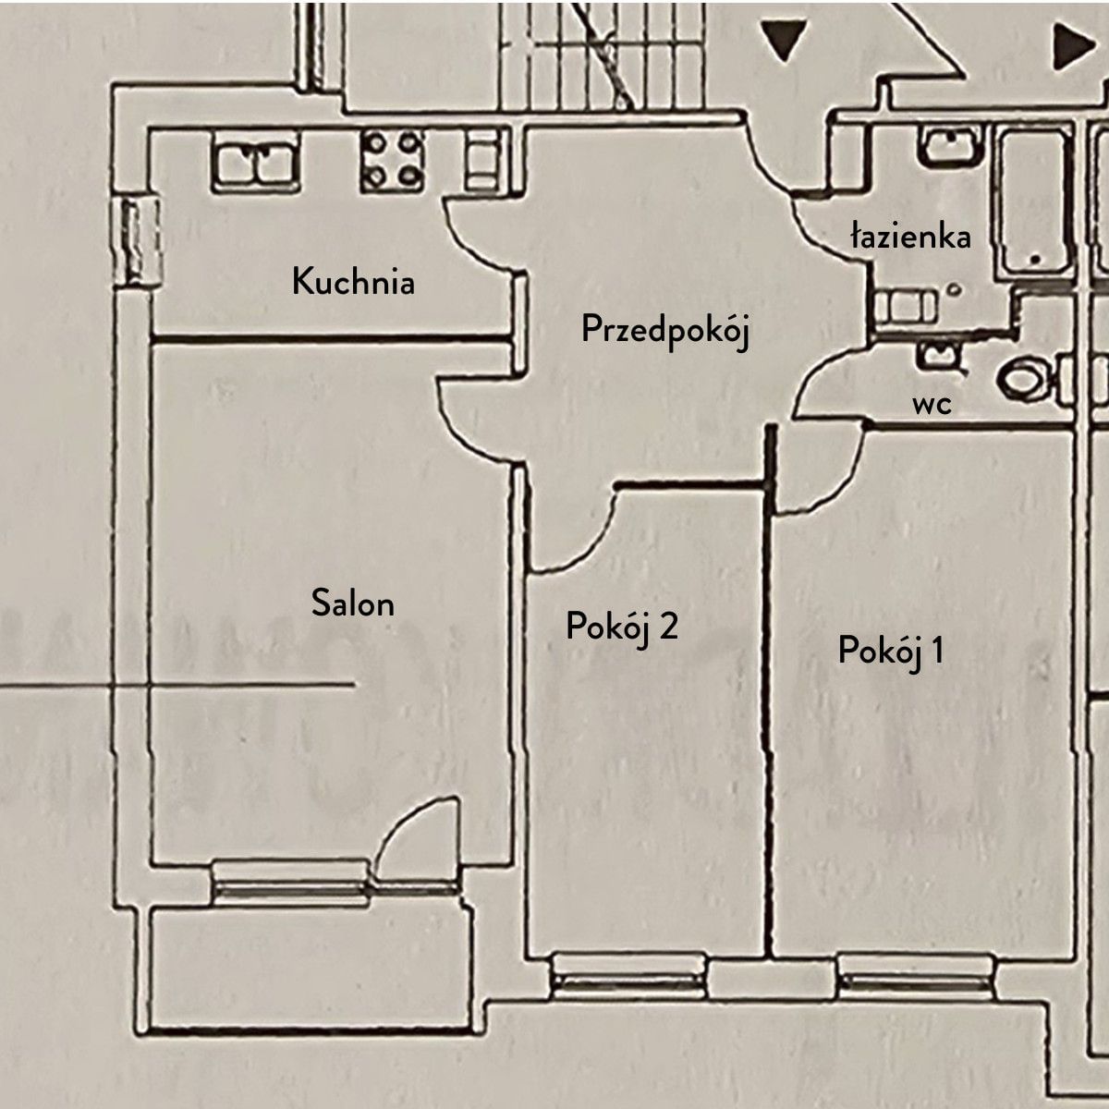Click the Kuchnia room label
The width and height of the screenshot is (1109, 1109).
point(353,281)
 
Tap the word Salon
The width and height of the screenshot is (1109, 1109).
point(353,603)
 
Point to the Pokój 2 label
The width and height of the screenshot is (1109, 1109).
point(622,628)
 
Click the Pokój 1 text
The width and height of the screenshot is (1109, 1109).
point(890,651)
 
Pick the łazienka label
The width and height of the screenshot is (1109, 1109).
point(911,237)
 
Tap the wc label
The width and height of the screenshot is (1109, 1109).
point(932,404)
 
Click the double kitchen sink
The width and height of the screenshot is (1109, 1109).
point(254,161)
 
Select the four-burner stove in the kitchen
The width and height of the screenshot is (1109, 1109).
point(393,160)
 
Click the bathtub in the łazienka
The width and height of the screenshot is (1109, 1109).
point(1035,201)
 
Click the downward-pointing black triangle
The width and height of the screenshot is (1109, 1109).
point(786,40)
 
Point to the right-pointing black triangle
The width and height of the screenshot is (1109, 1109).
point(1073,45)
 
